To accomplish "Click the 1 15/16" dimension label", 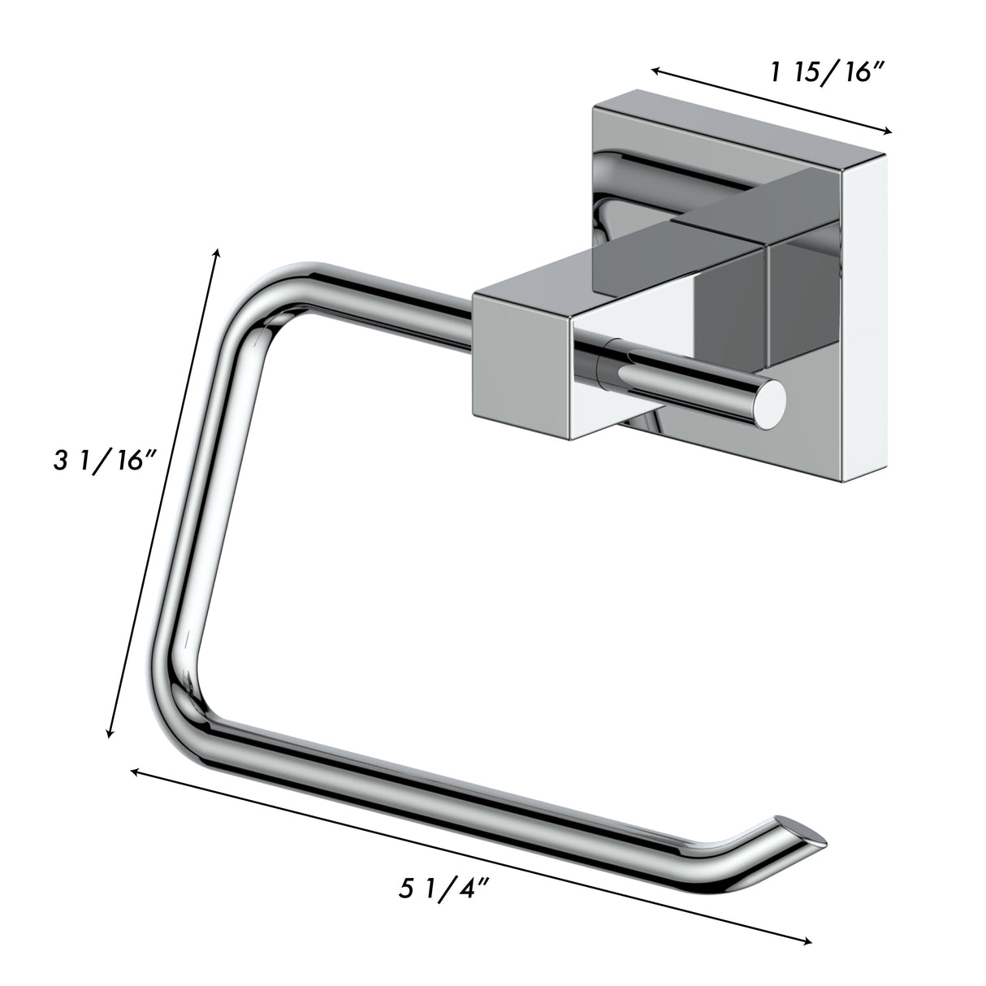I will point(826,74).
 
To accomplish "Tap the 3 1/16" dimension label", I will point(104,462).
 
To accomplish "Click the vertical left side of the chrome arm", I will point(199,504).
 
